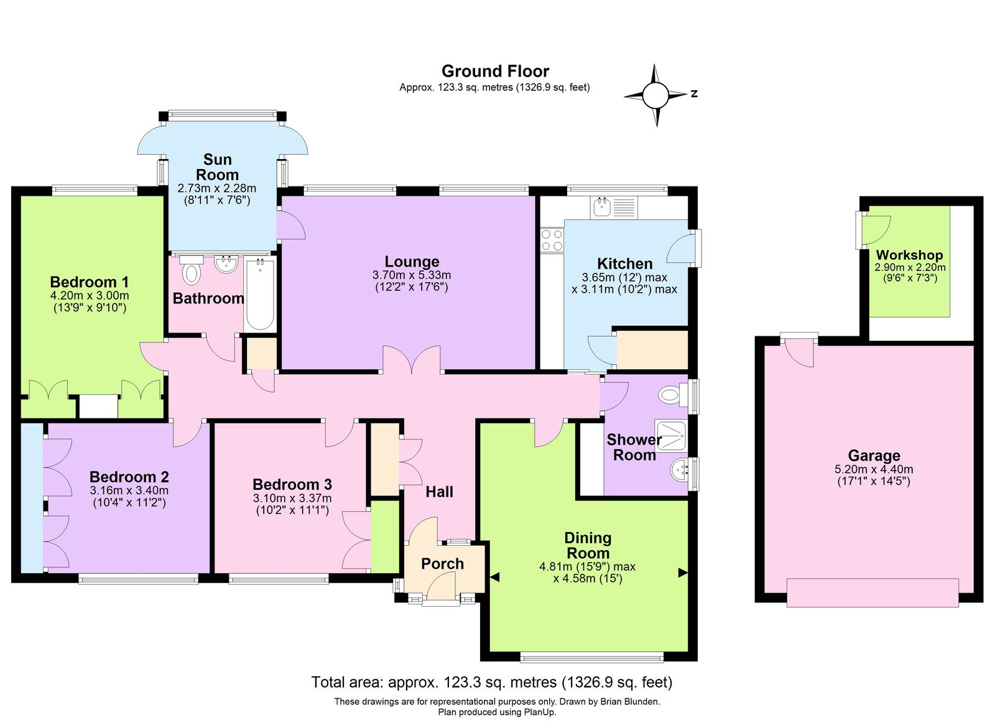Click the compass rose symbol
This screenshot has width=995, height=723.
(x=655, y=96)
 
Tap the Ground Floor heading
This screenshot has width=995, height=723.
(x=495, y=71)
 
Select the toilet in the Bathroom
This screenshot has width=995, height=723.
(x=192, y=270)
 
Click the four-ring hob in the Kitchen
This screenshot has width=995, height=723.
(x=551, y=240)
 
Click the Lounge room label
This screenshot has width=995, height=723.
(x=412, y=262)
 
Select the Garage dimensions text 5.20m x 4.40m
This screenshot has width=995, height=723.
(x=874, y=469)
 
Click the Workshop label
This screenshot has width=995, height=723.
(x=909, y=255)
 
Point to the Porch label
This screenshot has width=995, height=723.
(x=442, y=564)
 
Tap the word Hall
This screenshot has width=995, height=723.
(x=439, y=492)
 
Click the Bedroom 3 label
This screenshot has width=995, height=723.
(x=292, y=484)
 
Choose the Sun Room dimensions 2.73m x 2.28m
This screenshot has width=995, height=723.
(x=217, y=188)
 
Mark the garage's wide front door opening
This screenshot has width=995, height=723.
(x=872, y=592)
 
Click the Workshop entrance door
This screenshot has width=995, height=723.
(x=874, y=231)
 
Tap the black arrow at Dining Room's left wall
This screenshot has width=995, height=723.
(x=494, y=577)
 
